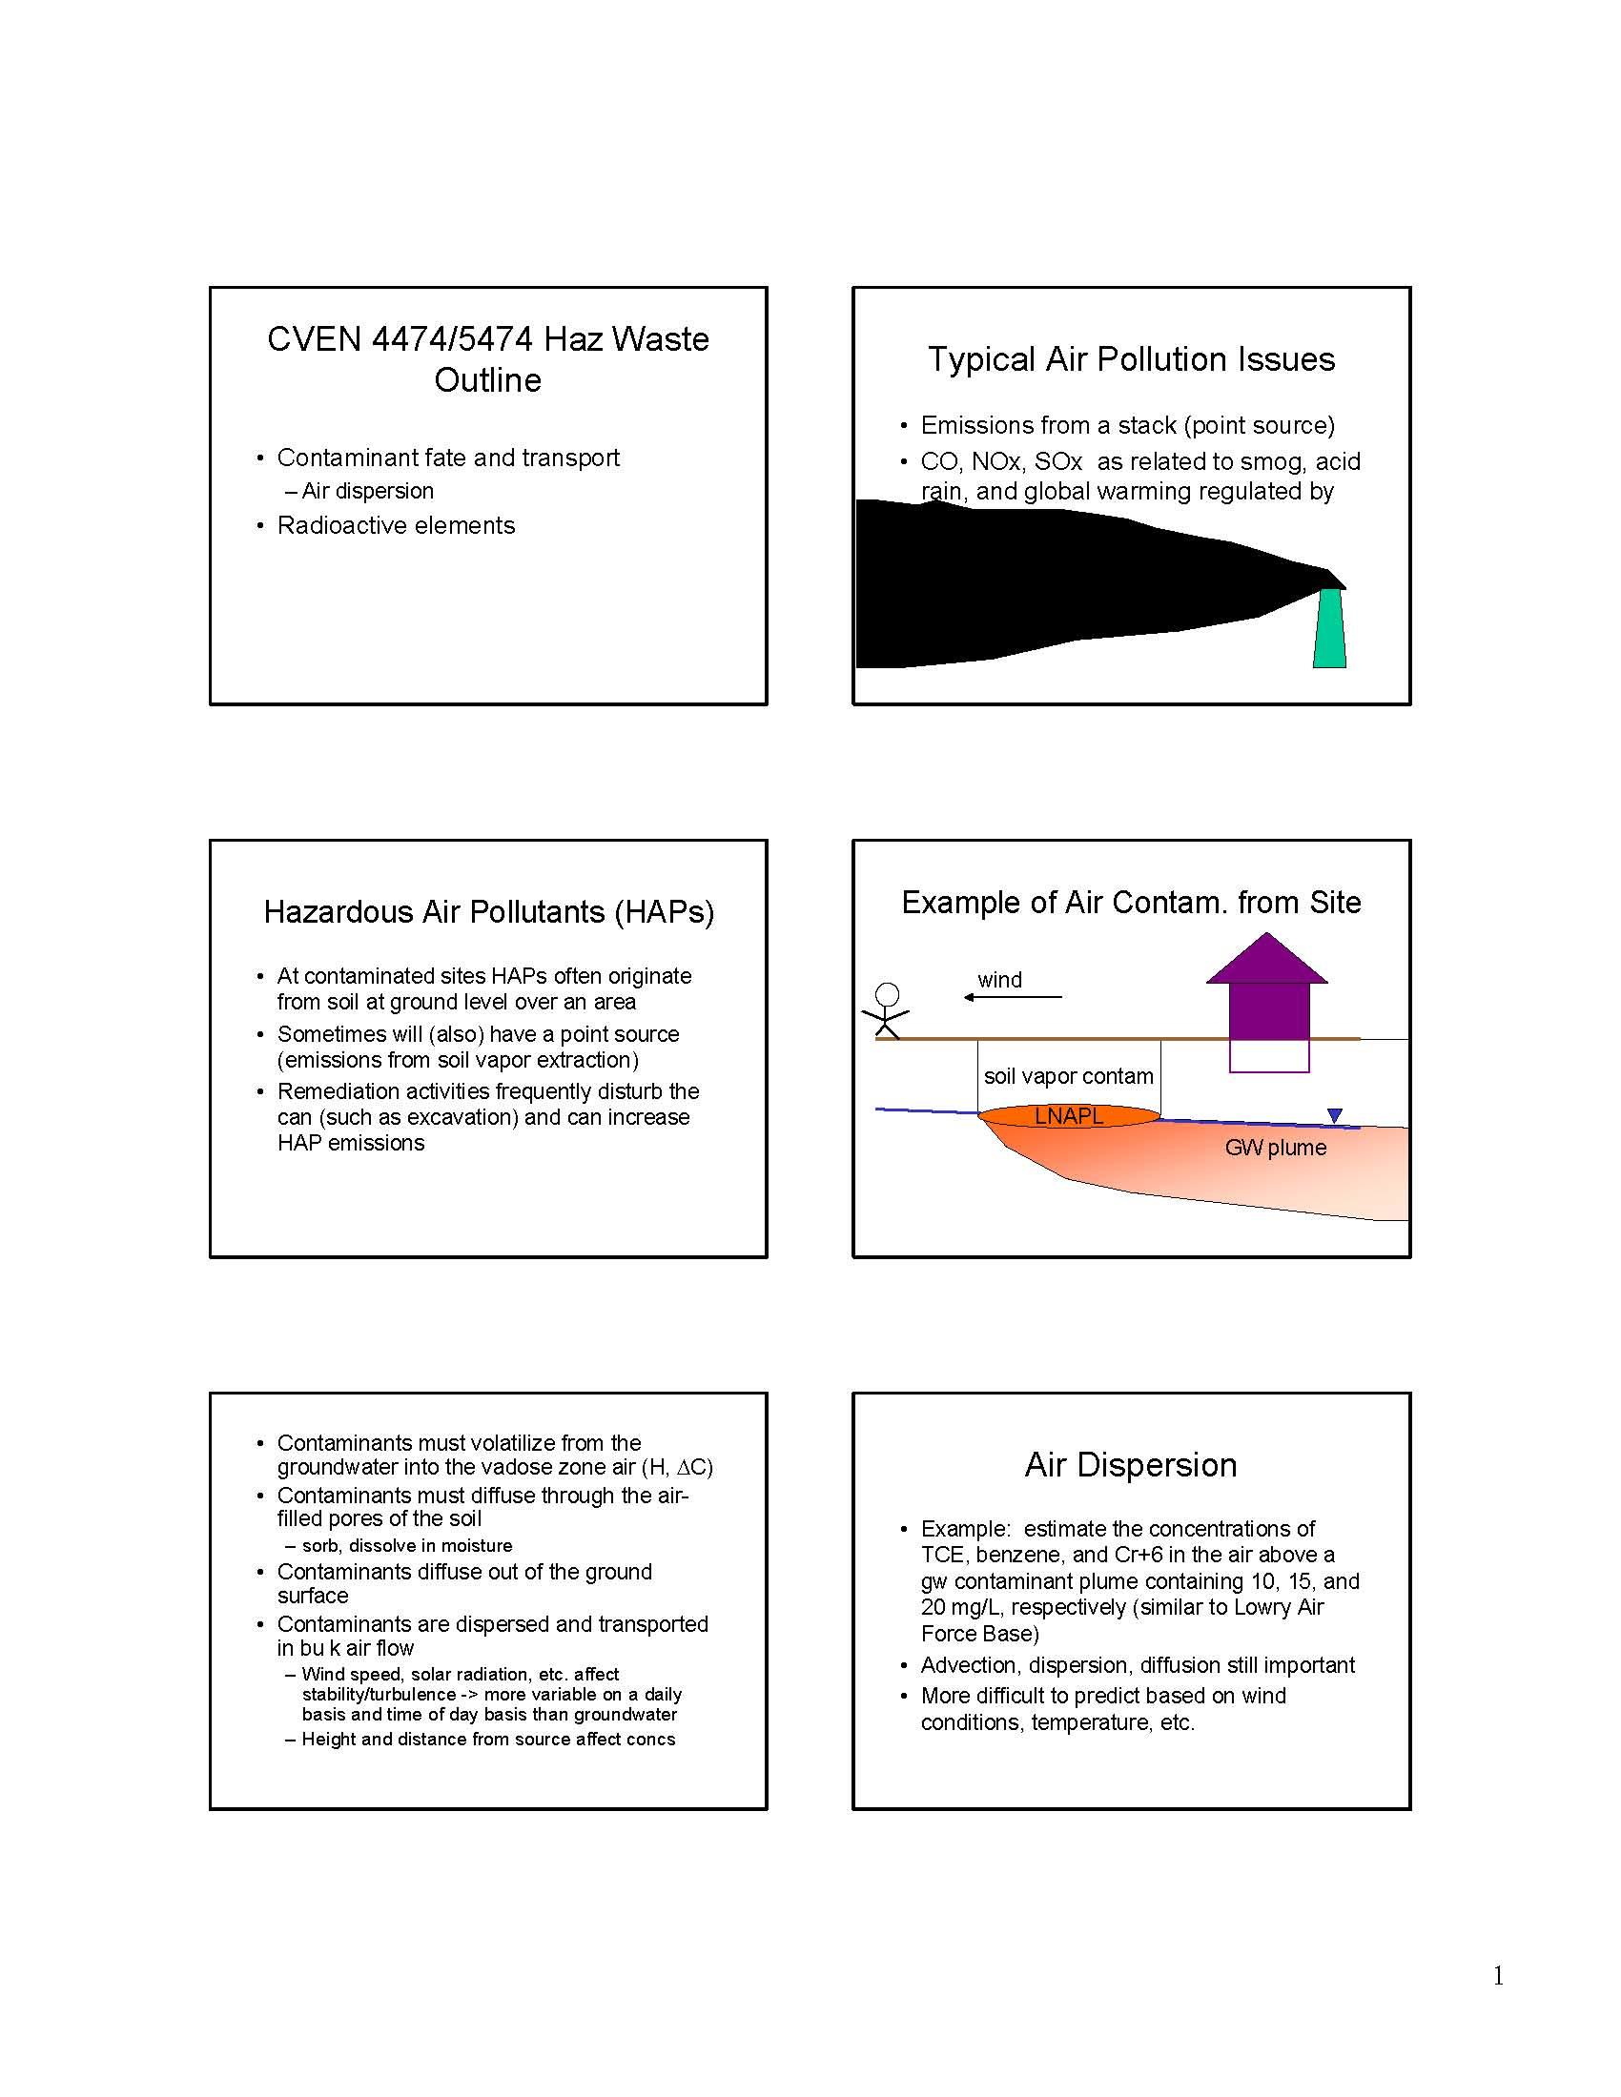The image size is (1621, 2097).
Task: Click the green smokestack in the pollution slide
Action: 1330,628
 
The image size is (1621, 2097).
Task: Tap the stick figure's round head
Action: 889,994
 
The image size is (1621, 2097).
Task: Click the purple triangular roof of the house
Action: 1266,958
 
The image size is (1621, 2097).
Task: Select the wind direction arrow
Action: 1013,998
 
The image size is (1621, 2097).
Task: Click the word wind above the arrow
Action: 999,979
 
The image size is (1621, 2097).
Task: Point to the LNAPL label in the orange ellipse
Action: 1069,1116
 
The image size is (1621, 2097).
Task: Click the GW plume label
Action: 1275,1148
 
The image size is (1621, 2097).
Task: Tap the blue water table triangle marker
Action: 1334,1116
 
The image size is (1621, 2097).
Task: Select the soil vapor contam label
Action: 1068,1076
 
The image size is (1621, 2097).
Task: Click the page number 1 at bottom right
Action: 1498,1975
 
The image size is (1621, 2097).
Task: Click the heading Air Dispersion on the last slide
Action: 1130,1464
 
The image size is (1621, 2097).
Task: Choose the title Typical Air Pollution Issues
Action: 1131,359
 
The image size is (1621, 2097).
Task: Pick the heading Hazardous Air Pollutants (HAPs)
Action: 489,911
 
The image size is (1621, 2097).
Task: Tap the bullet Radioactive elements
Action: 396,525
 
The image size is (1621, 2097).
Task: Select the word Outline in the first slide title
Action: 488,380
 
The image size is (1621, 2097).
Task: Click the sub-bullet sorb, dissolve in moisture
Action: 407,1545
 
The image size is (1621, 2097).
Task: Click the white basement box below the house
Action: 1269,1055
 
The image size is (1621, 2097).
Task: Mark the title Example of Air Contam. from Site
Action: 1131,903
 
